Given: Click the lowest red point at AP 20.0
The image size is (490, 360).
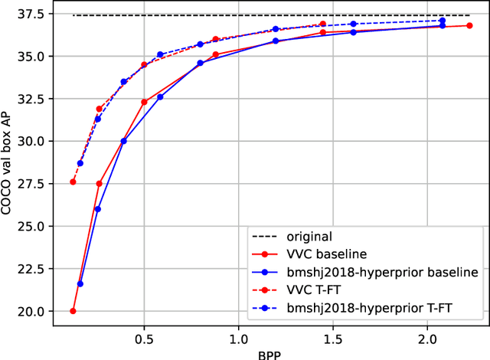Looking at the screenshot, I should coord(73,311).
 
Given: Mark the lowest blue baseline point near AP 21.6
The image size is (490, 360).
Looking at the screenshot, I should coord(80,284).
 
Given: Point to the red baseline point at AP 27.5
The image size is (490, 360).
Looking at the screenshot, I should coord(99,184).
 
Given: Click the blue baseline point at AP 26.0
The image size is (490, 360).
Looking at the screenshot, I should coord(97,209).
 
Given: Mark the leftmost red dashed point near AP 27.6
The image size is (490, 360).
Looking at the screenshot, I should coord(73,182).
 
